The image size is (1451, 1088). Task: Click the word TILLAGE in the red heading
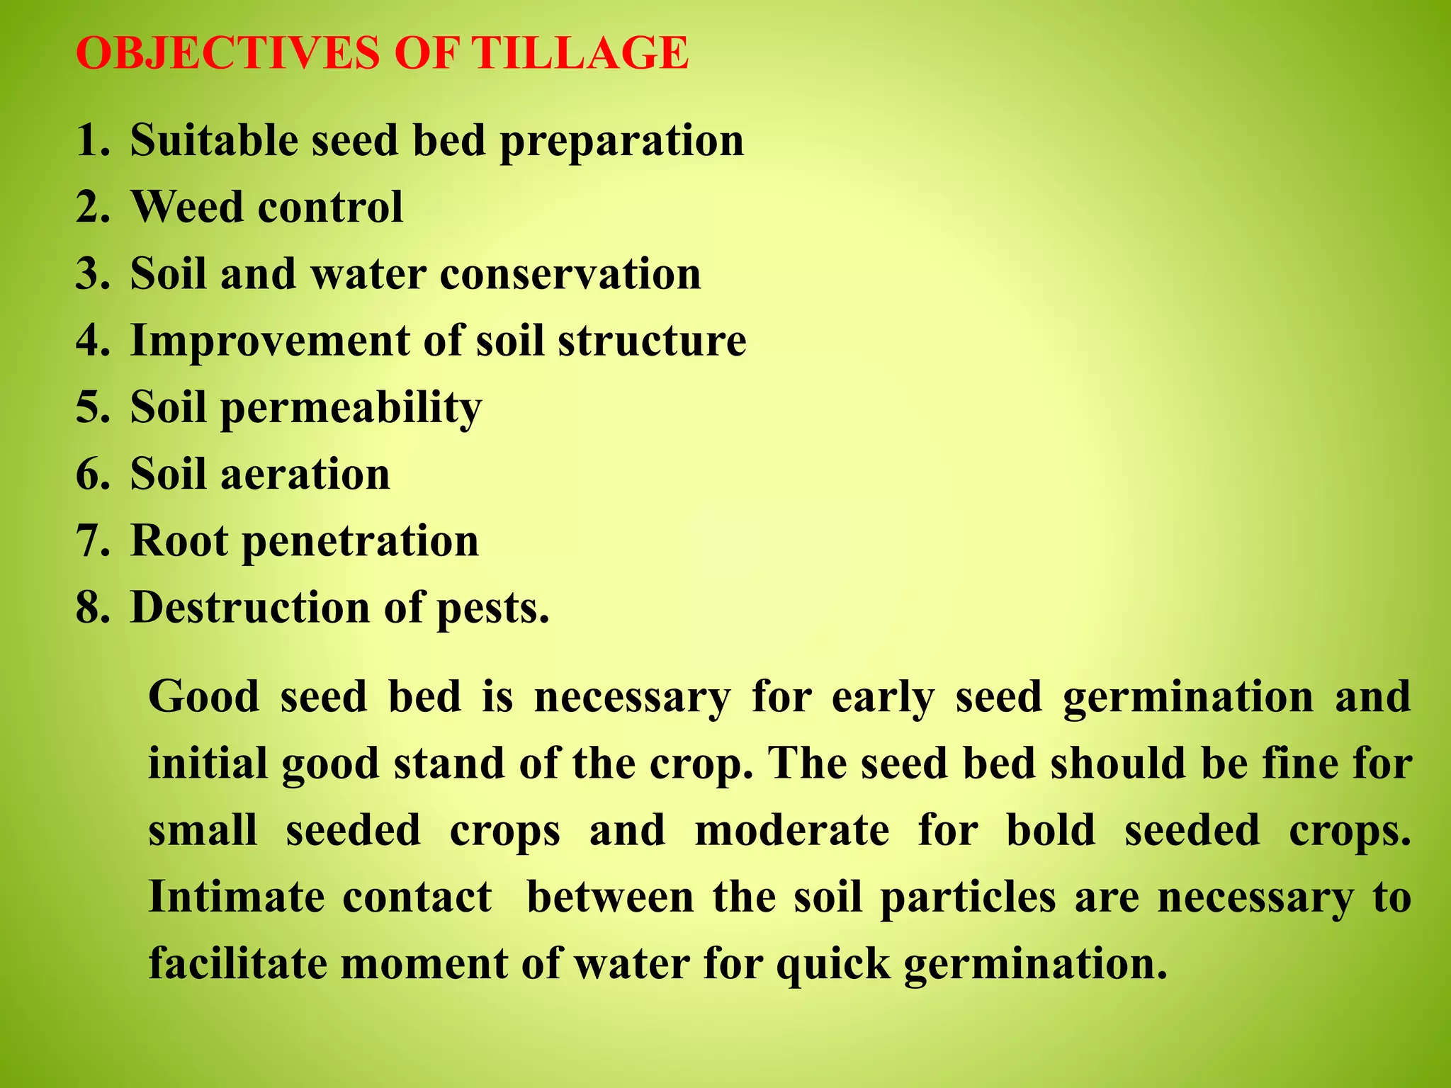coord(581,53)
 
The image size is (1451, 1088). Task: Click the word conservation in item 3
coord(570,274)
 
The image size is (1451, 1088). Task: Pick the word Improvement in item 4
coord(269,341)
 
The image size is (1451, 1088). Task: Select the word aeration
coord(305,475)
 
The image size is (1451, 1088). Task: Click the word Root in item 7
coord(180,541)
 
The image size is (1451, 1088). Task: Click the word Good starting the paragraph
coord(204,696)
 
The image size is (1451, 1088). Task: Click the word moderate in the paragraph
coord(791,830)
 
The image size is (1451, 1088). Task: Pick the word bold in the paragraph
coord(1051,830)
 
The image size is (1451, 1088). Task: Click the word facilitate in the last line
coord(238,964)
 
